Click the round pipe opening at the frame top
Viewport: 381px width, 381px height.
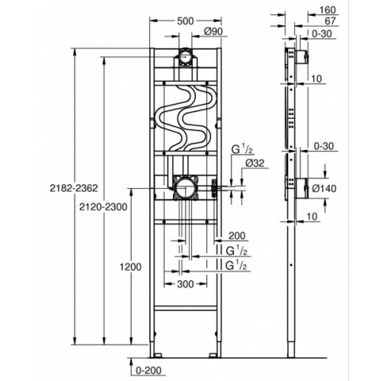[186, 56]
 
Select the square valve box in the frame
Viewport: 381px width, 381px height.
[185, 187]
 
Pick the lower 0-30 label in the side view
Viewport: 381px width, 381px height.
[327, 144]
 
